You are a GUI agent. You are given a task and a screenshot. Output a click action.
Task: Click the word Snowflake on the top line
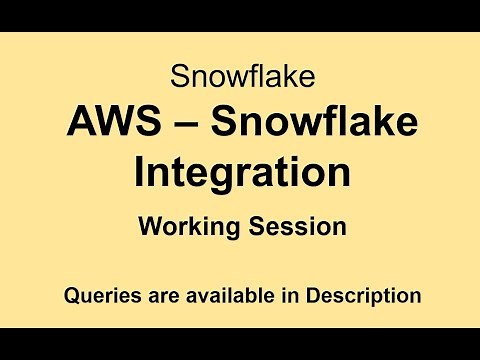[240, 76]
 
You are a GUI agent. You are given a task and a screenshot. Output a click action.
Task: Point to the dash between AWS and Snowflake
[171, 126]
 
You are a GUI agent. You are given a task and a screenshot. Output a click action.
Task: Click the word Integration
[241, 171]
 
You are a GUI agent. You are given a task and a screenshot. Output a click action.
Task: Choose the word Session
[295, 226]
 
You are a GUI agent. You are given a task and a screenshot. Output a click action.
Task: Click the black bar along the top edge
[240, 15]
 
